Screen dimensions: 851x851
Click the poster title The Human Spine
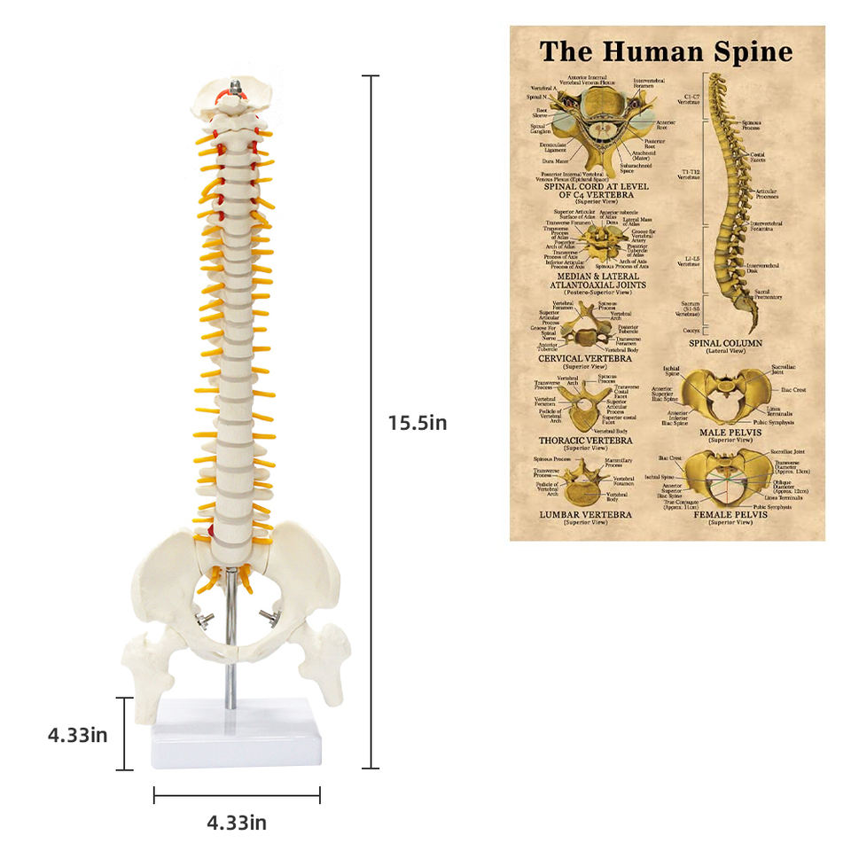(x=666, y=51)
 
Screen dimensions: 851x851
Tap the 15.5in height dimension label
(x=417, y=423)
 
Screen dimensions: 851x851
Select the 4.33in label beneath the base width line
(x=237, y=823)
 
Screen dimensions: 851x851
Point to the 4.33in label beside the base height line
(x=78, y=734)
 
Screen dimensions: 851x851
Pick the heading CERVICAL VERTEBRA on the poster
(x=584, y=358)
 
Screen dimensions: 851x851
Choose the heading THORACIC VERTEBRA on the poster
(x=585, y=439)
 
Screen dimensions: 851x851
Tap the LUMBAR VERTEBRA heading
(x=585, y=514)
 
